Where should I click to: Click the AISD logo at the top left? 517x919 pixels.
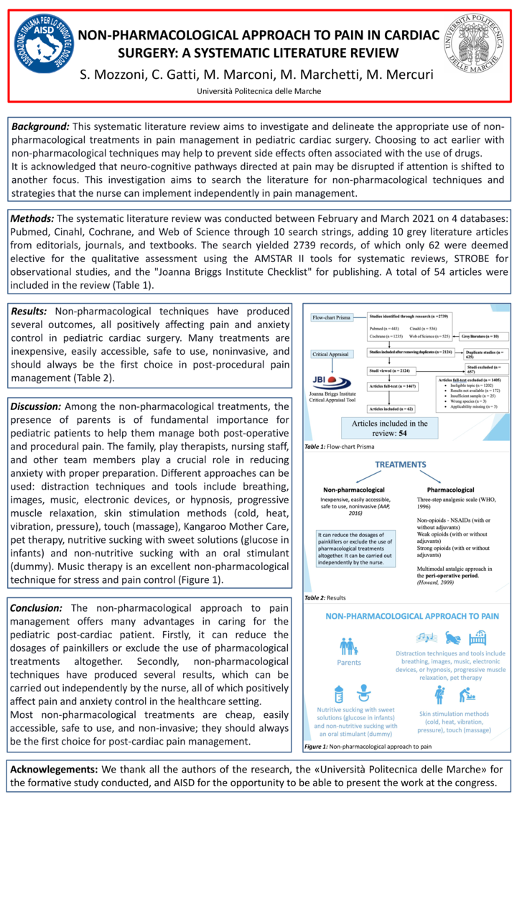click(x=43, y=44)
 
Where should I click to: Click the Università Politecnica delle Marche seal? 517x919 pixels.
click(x=474, y=42)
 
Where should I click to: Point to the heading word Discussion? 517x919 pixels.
click(x=35, y=406)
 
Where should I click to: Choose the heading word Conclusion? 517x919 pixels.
click(x=36, y=607)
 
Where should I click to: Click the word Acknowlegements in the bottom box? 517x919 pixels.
click(x=54, y=770)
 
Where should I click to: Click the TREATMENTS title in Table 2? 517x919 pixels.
click(x=406, y=465)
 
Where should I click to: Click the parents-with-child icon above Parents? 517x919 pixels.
click(x=349, y=646)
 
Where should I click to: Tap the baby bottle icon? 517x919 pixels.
click(x=338, y=694)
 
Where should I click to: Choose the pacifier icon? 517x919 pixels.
click(x=363, y=694)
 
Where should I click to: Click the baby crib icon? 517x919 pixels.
click(x=478, y=638)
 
